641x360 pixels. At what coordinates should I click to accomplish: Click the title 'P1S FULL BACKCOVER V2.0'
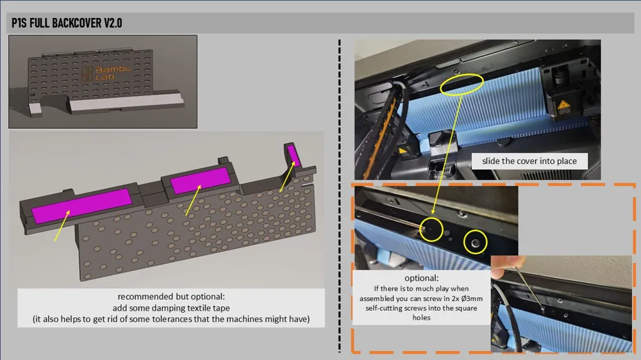pos(67,23)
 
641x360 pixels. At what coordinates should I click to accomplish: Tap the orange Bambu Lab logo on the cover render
pos(106,73)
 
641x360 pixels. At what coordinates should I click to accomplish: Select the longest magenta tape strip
pos(82,205)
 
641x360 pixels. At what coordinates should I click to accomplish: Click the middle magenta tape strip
pos(200,180)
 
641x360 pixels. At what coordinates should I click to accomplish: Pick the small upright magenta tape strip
pos(294,155)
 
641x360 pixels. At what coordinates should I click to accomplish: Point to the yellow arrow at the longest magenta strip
pos(62,225)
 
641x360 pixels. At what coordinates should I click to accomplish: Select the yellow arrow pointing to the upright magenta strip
pos(287,177)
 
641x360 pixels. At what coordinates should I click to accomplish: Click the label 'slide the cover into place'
pos(529,161)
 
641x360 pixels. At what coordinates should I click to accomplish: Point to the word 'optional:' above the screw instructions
pos(422,278)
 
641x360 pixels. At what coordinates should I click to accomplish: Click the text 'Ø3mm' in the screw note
pos(471,299)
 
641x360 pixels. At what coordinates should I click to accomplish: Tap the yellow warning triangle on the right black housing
pos(563,106)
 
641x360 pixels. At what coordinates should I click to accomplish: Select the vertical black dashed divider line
pos(339,195)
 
